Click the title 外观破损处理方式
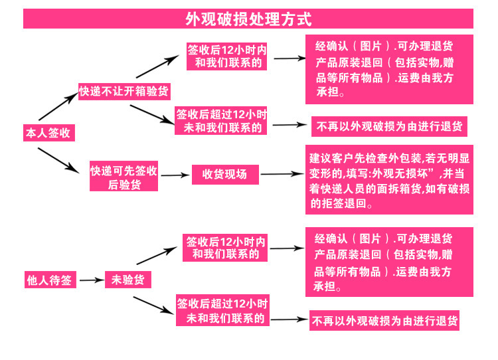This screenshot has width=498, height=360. (248, 19)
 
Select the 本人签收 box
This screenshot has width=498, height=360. (47, 133)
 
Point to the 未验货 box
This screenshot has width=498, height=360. (128, 280)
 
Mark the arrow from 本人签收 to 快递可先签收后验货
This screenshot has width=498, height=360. (59, 159)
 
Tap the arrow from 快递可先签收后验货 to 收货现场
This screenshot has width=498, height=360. (175, 175)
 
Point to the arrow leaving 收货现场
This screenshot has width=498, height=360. (282, 175)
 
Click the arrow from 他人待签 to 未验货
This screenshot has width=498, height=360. (92, 281)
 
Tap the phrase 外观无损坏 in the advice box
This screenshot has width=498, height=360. (411, 174)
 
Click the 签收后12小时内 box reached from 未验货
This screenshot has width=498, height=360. (226, 247)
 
